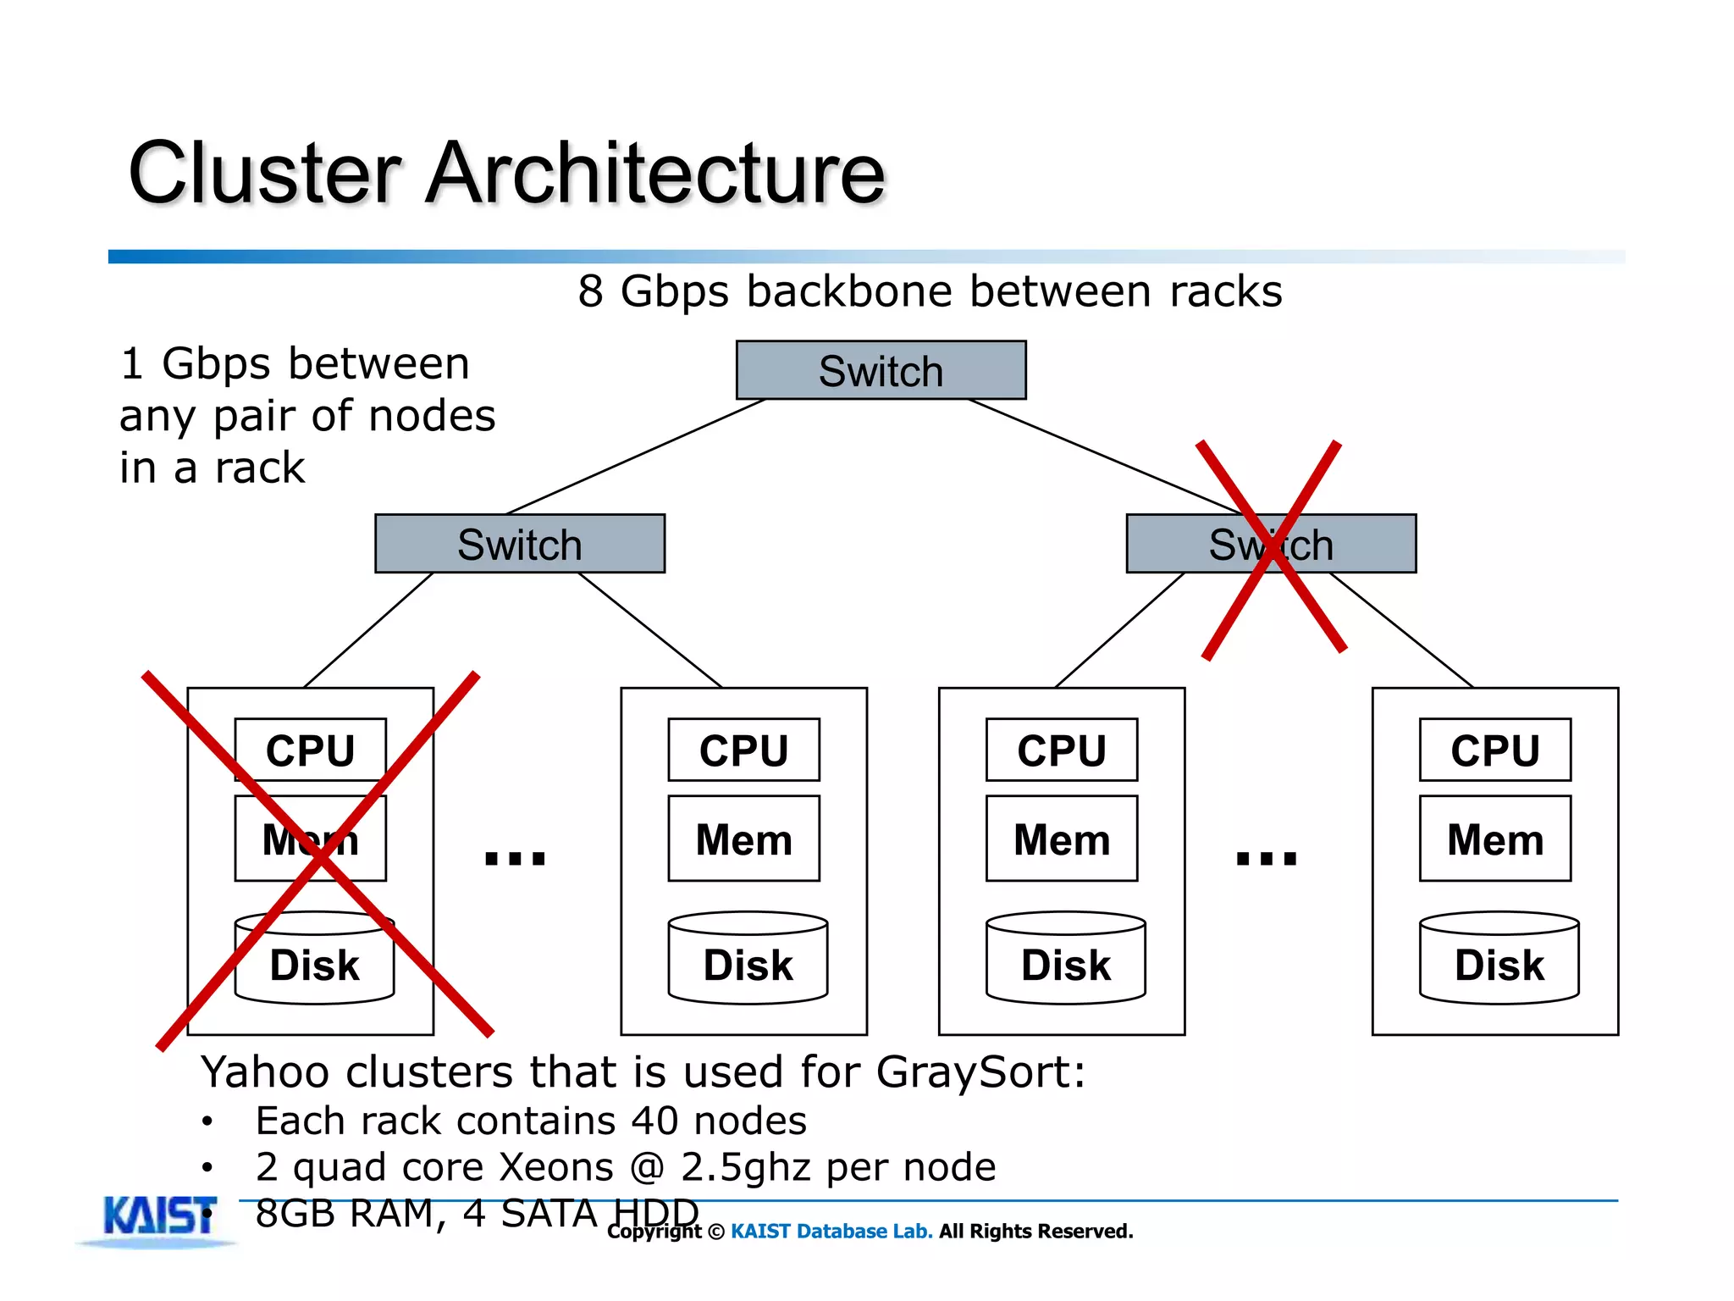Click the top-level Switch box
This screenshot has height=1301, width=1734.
coord(881,370)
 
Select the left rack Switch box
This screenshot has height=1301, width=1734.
coord(519,544)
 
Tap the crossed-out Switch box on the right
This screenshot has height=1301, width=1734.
coord(1270,544)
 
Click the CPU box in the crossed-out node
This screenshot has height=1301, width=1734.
coord(310,750)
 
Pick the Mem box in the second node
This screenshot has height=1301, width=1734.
coord(743,839)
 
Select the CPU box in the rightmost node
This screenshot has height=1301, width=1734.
coord(1494,750)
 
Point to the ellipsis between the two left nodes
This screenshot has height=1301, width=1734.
coord(515,858)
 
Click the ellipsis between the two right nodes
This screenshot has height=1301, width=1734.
coord(1267,858)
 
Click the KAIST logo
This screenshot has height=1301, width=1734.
coord(159,1218)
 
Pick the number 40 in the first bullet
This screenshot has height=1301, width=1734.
coord(654,1121)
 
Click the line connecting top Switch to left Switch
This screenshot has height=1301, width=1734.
coord(635,457)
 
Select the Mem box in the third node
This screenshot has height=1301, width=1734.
coord(1061,839)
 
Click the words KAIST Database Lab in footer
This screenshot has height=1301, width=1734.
coord(831,1231)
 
